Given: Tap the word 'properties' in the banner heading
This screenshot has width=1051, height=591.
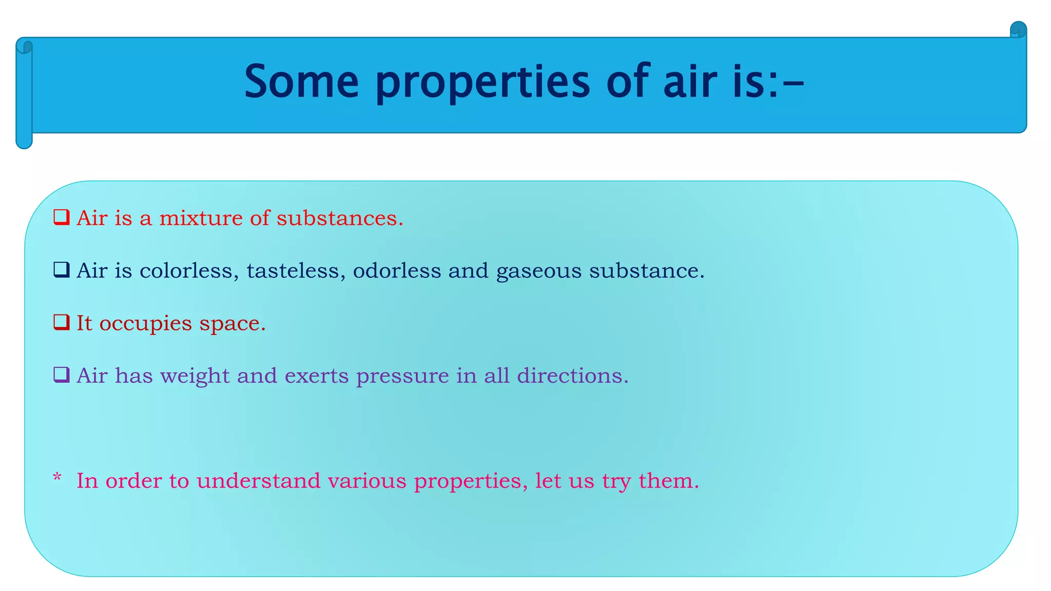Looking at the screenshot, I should click(x=482, y=82).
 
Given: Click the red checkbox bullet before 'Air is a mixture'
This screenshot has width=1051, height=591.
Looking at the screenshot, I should click(x=62, y=218).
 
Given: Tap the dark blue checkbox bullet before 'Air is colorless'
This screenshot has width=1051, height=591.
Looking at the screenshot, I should click(x=62, y=270).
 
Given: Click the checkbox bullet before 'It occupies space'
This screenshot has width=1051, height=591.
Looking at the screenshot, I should click(x=62, y=323).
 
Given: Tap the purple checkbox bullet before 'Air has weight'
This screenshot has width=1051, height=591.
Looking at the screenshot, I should click(x=62, y=375).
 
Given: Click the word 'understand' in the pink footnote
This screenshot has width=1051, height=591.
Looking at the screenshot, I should click(x=258, y=481).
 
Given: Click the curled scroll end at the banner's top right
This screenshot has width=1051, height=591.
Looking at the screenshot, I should click(x=1018, y=30).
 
